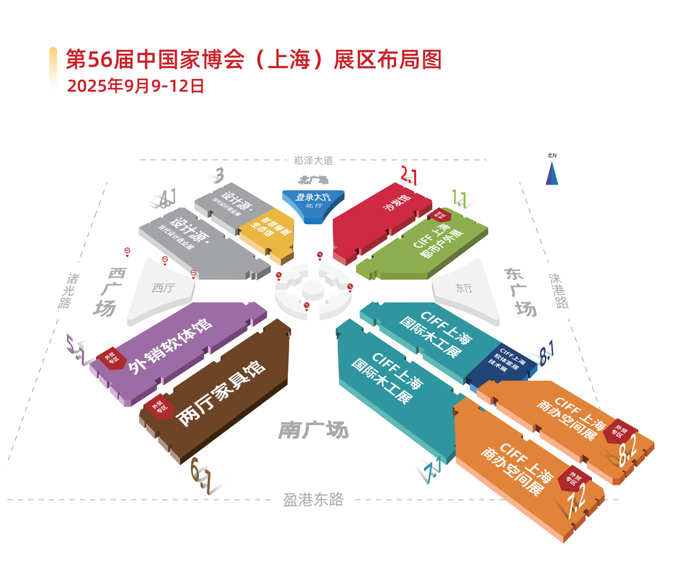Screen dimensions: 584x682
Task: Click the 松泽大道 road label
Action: click(314, 161)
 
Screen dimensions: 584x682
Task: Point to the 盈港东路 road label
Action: click(313, 500)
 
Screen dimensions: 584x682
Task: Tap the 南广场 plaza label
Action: click(313, 430)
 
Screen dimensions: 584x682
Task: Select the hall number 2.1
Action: click(409, 176)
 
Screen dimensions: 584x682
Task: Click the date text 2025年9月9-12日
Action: click(135, 87)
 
